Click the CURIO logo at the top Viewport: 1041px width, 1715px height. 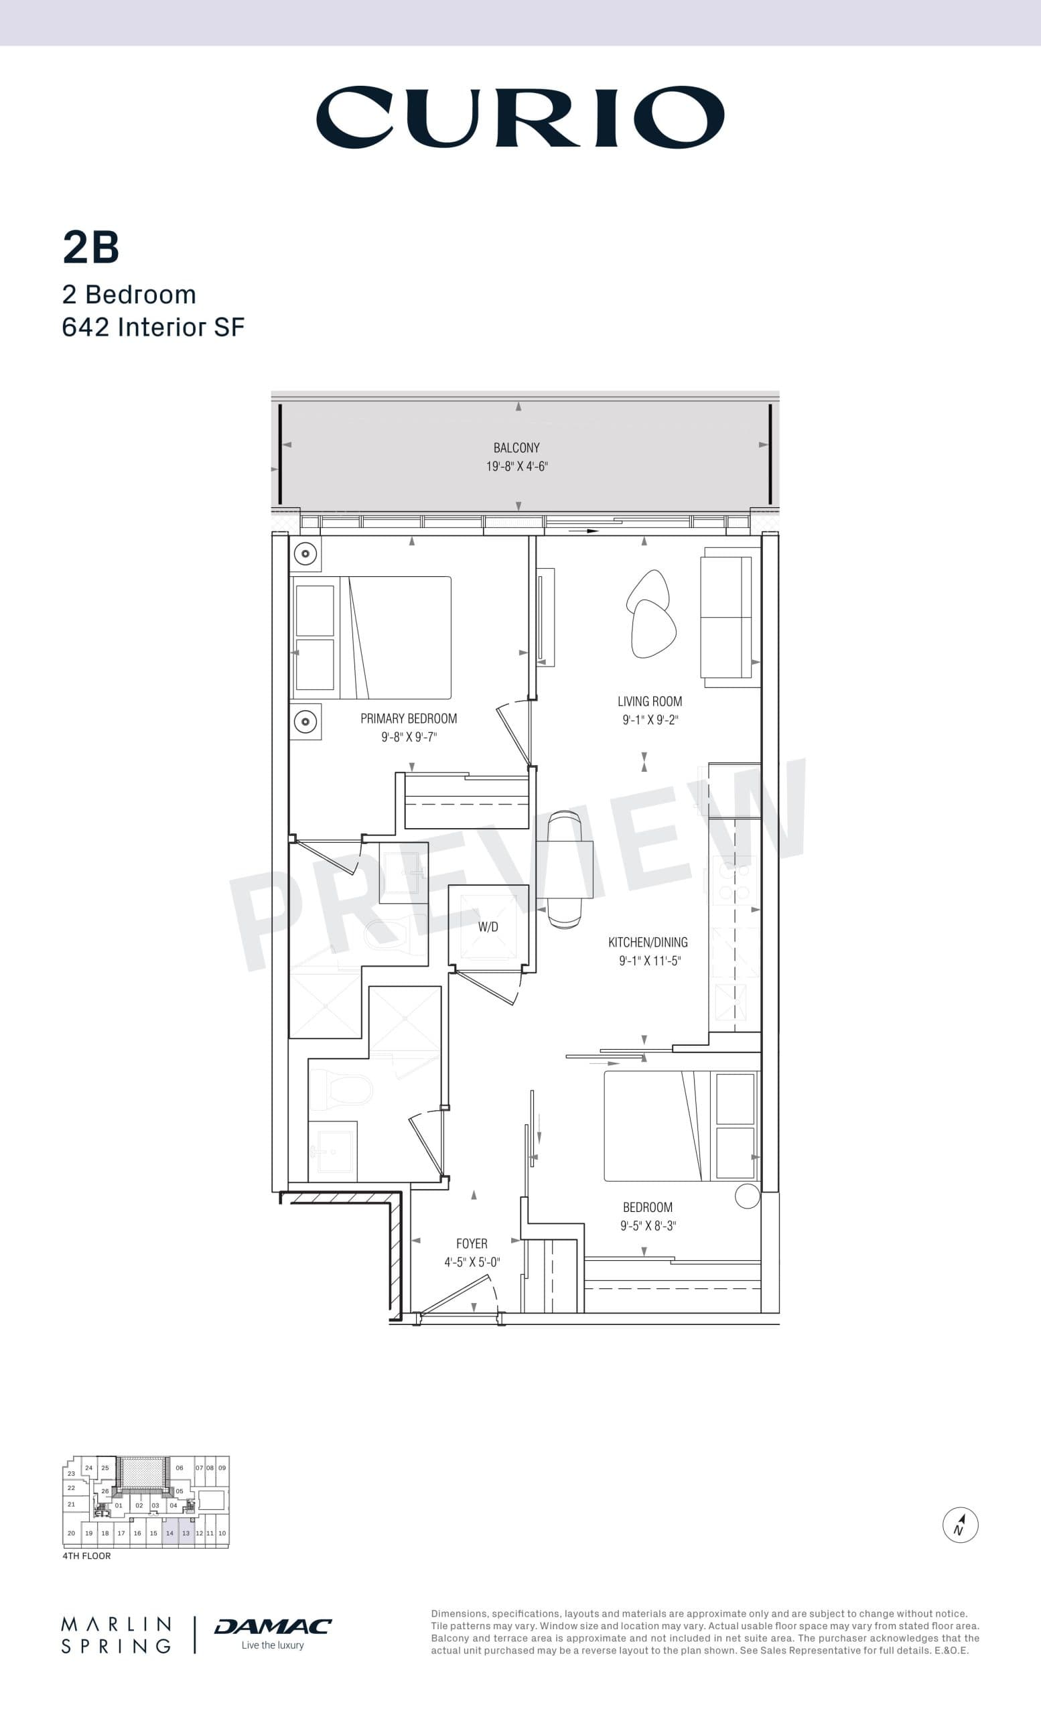tap(520, 117)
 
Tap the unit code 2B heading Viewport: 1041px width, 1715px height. tap(91, 247)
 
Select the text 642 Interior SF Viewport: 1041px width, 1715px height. tap(153, 327)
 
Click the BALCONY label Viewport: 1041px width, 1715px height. tap(516, 448)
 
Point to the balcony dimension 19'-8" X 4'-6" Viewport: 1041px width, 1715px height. tap(516, 466)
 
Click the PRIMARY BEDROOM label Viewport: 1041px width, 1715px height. tap(409, 718)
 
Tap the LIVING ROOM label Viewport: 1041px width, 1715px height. tap(649, 701)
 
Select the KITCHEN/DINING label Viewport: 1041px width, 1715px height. tap(648, 943)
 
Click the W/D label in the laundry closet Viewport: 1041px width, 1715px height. tap(488, 927)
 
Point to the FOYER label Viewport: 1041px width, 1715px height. tap(471, 1243)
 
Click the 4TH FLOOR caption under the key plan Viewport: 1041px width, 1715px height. tap(86, 1556)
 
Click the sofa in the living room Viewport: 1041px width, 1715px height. tap(728, 618)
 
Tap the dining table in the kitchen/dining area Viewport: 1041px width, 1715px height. tap(564, 870)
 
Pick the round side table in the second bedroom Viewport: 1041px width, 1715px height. tap(748, 1196)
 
